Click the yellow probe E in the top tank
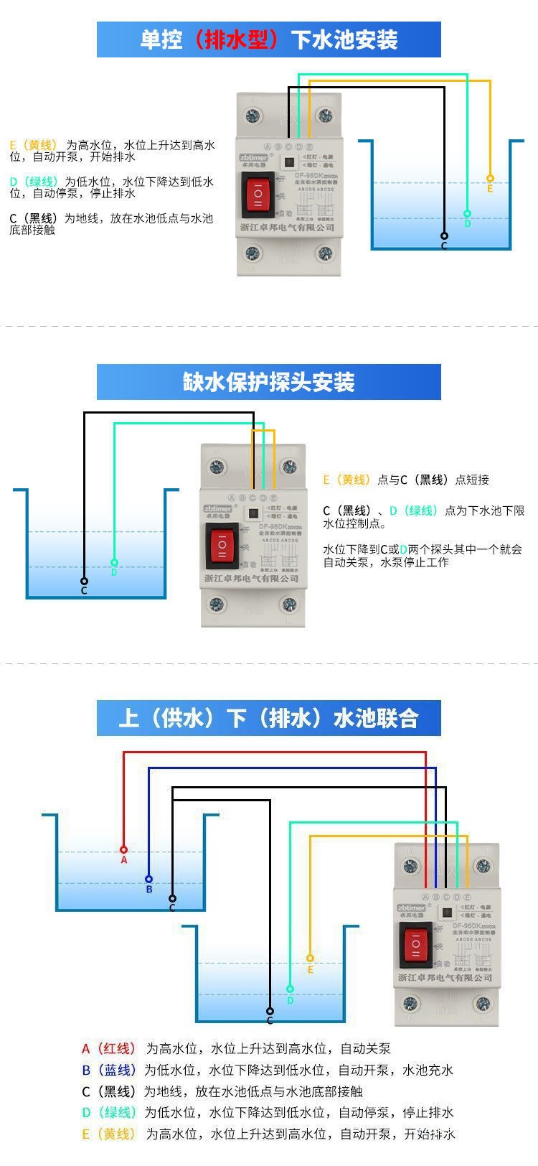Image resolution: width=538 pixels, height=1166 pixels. pyautogui.click(x=490, y=178)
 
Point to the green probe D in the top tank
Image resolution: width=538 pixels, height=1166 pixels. pyautogui.click(x=467, y=213)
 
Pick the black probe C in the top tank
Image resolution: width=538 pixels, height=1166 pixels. pyautogui.click(x=444, y=235)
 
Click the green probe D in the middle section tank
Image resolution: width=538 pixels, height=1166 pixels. pyautogui.click(x=114, y=562)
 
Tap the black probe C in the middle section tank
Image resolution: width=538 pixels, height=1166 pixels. pyautogui.click(x=84, y=581)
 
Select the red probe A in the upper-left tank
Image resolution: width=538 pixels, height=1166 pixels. pyautogui.click(x=123, y=849)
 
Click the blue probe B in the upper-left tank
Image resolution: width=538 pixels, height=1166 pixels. pyautogui.click(x=148, y=879)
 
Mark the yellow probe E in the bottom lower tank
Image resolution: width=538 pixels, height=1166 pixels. pyautogui.click(x=310, y=958)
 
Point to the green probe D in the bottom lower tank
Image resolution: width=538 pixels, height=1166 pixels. pyautogui.click(x=290, y=989)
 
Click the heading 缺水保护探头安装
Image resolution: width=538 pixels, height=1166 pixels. pyautogui.click(x=269, y=382)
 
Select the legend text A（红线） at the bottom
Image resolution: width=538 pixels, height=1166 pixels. pyautogui.click(x=108, y=1048)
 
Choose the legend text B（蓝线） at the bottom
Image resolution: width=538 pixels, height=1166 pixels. pyautogui.click(x=108, y=1070)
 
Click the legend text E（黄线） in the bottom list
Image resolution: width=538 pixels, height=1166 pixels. pyautogui.click(x=108, y=1134)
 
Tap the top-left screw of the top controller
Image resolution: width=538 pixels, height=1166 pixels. pyautogui.click(x=252, y=114)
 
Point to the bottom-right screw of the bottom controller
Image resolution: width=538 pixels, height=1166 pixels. pyautogui.click(x=482, y=1003)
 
